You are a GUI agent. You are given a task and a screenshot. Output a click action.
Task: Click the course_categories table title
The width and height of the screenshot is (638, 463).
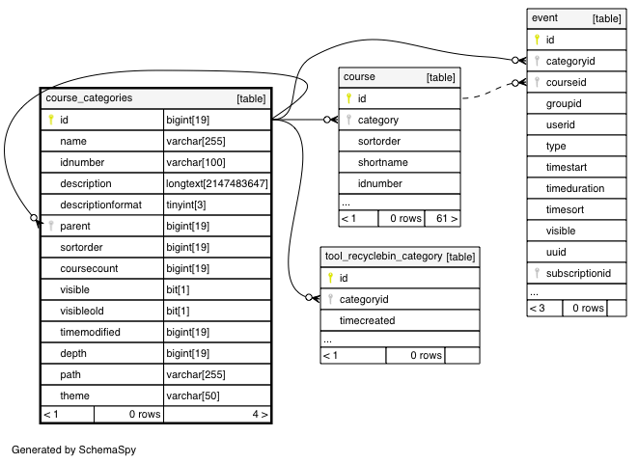pos(89,98)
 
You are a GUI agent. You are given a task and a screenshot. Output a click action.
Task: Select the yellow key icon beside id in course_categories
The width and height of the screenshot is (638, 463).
pos(51,120)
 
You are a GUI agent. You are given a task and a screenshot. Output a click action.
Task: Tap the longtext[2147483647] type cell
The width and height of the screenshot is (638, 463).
pos(217,183)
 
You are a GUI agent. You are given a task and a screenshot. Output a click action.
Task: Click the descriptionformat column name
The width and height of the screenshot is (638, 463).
pos(101,204)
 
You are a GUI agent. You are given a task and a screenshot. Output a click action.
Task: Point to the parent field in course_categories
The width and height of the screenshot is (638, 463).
pos(75,226)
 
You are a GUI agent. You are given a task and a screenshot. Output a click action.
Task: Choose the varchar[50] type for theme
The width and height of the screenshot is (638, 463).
pos(193,395)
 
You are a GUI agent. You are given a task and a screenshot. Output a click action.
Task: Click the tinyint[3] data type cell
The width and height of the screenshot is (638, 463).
pos(186,204)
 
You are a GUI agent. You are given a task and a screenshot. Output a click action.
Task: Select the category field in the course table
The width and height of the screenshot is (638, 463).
pos(378,120)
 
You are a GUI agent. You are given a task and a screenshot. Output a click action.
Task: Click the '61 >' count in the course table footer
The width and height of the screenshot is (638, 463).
pos(447,219)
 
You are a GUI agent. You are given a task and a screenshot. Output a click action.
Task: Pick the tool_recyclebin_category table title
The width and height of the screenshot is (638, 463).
pos(384,256)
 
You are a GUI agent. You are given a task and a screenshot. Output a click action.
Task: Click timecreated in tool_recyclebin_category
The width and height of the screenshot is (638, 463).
pos(368,321)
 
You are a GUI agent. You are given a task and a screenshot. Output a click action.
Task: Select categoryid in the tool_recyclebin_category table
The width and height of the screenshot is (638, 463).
pos(364,300)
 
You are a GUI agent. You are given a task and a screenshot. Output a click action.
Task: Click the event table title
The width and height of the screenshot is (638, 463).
pos(544,18)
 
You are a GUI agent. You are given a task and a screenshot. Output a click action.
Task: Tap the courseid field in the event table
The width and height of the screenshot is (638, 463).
pos(566,83)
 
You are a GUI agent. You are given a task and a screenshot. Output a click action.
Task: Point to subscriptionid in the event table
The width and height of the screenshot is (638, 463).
pos(578,273)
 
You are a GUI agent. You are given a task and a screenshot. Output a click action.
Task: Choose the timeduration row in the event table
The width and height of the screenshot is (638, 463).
pos(575,189)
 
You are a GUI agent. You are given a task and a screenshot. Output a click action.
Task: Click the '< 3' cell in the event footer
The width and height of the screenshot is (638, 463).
pos(538,308)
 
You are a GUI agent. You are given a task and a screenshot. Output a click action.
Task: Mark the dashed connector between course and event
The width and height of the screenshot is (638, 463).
pos(488,92)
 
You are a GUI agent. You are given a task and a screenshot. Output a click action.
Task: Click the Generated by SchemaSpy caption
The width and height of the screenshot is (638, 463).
pos(73,449)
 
